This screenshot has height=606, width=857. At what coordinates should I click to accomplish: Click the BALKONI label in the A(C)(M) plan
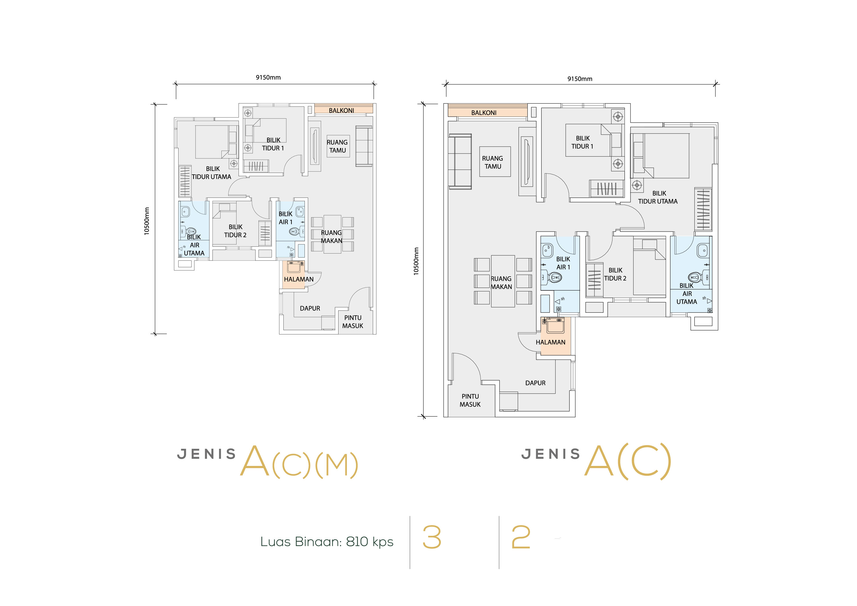click(341, 111)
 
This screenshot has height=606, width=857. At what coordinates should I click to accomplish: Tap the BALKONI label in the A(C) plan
click(484, 113)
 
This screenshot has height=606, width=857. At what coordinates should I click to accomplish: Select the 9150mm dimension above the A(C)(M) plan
click(268, 77)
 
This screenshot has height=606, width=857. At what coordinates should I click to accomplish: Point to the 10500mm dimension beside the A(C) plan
click(416, 261)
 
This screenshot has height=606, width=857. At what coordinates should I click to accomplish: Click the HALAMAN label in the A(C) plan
click(550, 342)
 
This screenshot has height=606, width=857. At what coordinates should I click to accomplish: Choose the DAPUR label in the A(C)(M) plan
click(310, 308)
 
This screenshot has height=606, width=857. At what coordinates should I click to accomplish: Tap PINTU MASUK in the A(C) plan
click(470, 400)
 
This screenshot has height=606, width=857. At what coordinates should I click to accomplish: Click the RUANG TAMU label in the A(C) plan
click(493, 162)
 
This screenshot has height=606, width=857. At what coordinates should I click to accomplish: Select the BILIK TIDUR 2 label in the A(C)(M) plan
click(235, 231)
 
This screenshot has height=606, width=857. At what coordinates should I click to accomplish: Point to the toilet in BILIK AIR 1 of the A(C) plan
click(554, 278)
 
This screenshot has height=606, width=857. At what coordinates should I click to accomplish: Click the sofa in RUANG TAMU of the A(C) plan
click(460, 161)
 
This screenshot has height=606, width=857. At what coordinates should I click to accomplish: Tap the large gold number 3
click(432, 537)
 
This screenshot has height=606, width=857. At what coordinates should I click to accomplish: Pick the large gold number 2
click(521, 537)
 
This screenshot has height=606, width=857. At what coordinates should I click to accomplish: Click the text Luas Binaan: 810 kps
click(327, 541)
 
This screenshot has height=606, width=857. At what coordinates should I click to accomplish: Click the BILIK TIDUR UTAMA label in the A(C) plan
click(658, 197)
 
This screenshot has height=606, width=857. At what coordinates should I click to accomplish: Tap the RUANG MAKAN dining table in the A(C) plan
click(503, 281)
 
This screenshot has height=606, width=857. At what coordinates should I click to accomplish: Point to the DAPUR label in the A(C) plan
click(535, 383)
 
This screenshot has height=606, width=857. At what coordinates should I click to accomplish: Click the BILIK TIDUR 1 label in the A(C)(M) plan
click(273, 144)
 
